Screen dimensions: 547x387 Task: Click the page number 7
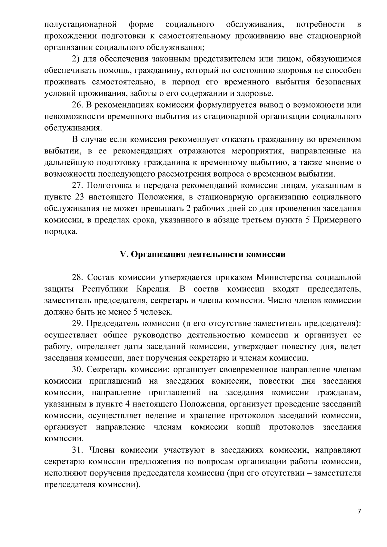(x=359, y=512)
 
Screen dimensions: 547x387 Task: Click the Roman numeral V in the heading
(x=123, y=255)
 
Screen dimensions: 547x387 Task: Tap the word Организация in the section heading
(x=157, y=255)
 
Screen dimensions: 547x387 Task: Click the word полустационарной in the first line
(x=80, y=24)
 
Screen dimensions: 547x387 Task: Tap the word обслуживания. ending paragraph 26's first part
(x=73, y=128)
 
